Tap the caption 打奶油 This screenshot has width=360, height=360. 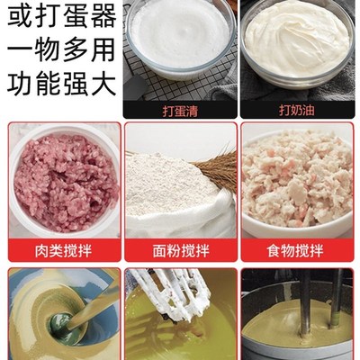click(297, 110)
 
